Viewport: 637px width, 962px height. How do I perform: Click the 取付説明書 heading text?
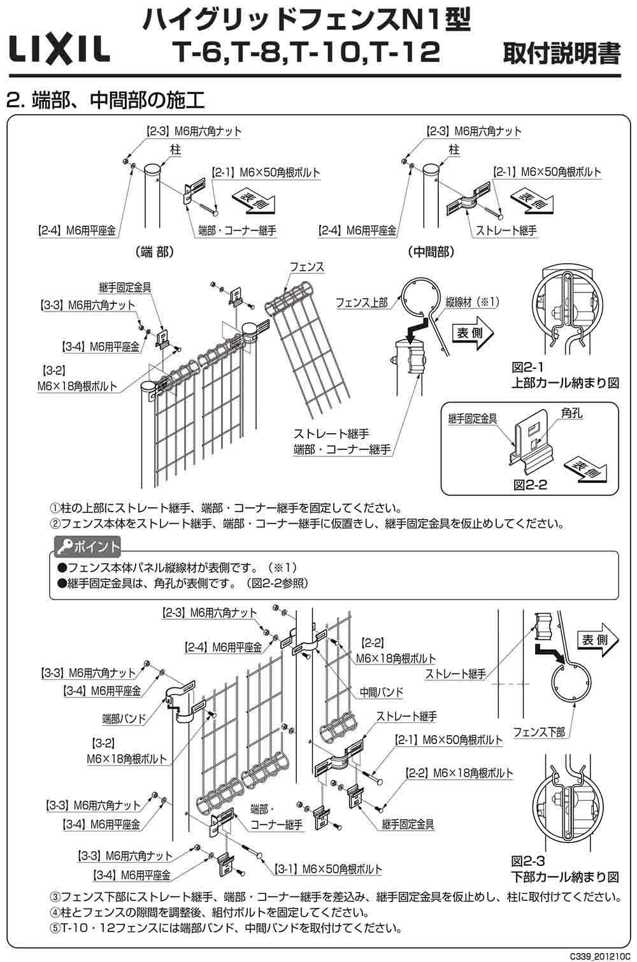(561, 54)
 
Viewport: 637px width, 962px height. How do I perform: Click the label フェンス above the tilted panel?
(306, 268)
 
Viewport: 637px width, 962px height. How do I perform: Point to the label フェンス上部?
(361, 303)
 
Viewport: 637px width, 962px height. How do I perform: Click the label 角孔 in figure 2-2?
(571, 414)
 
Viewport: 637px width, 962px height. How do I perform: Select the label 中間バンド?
(382, 691)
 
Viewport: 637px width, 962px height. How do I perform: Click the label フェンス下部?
(539, 732)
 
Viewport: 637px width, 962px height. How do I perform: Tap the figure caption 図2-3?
(528, 862)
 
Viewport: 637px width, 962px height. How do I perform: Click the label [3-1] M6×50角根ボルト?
(328, 869)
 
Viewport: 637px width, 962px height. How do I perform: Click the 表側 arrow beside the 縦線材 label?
(475, 333)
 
